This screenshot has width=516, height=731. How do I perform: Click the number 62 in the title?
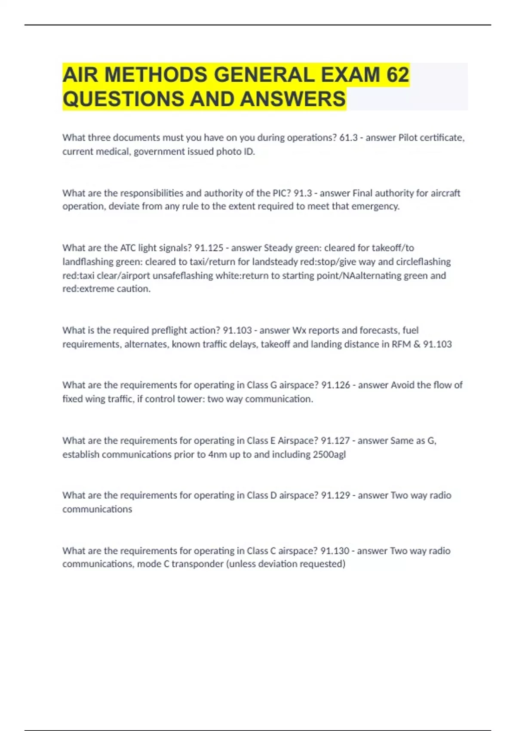click(398, 74)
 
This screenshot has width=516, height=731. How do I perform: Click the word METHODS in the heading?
click(156, 74)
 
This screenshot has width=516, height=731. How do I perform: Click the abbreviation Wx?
click(299, 330)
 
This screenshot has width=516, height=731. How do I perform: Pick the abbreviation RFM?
click(401, 344)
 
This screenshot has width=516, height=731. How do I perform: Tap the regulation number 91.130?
click(335, 550)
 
